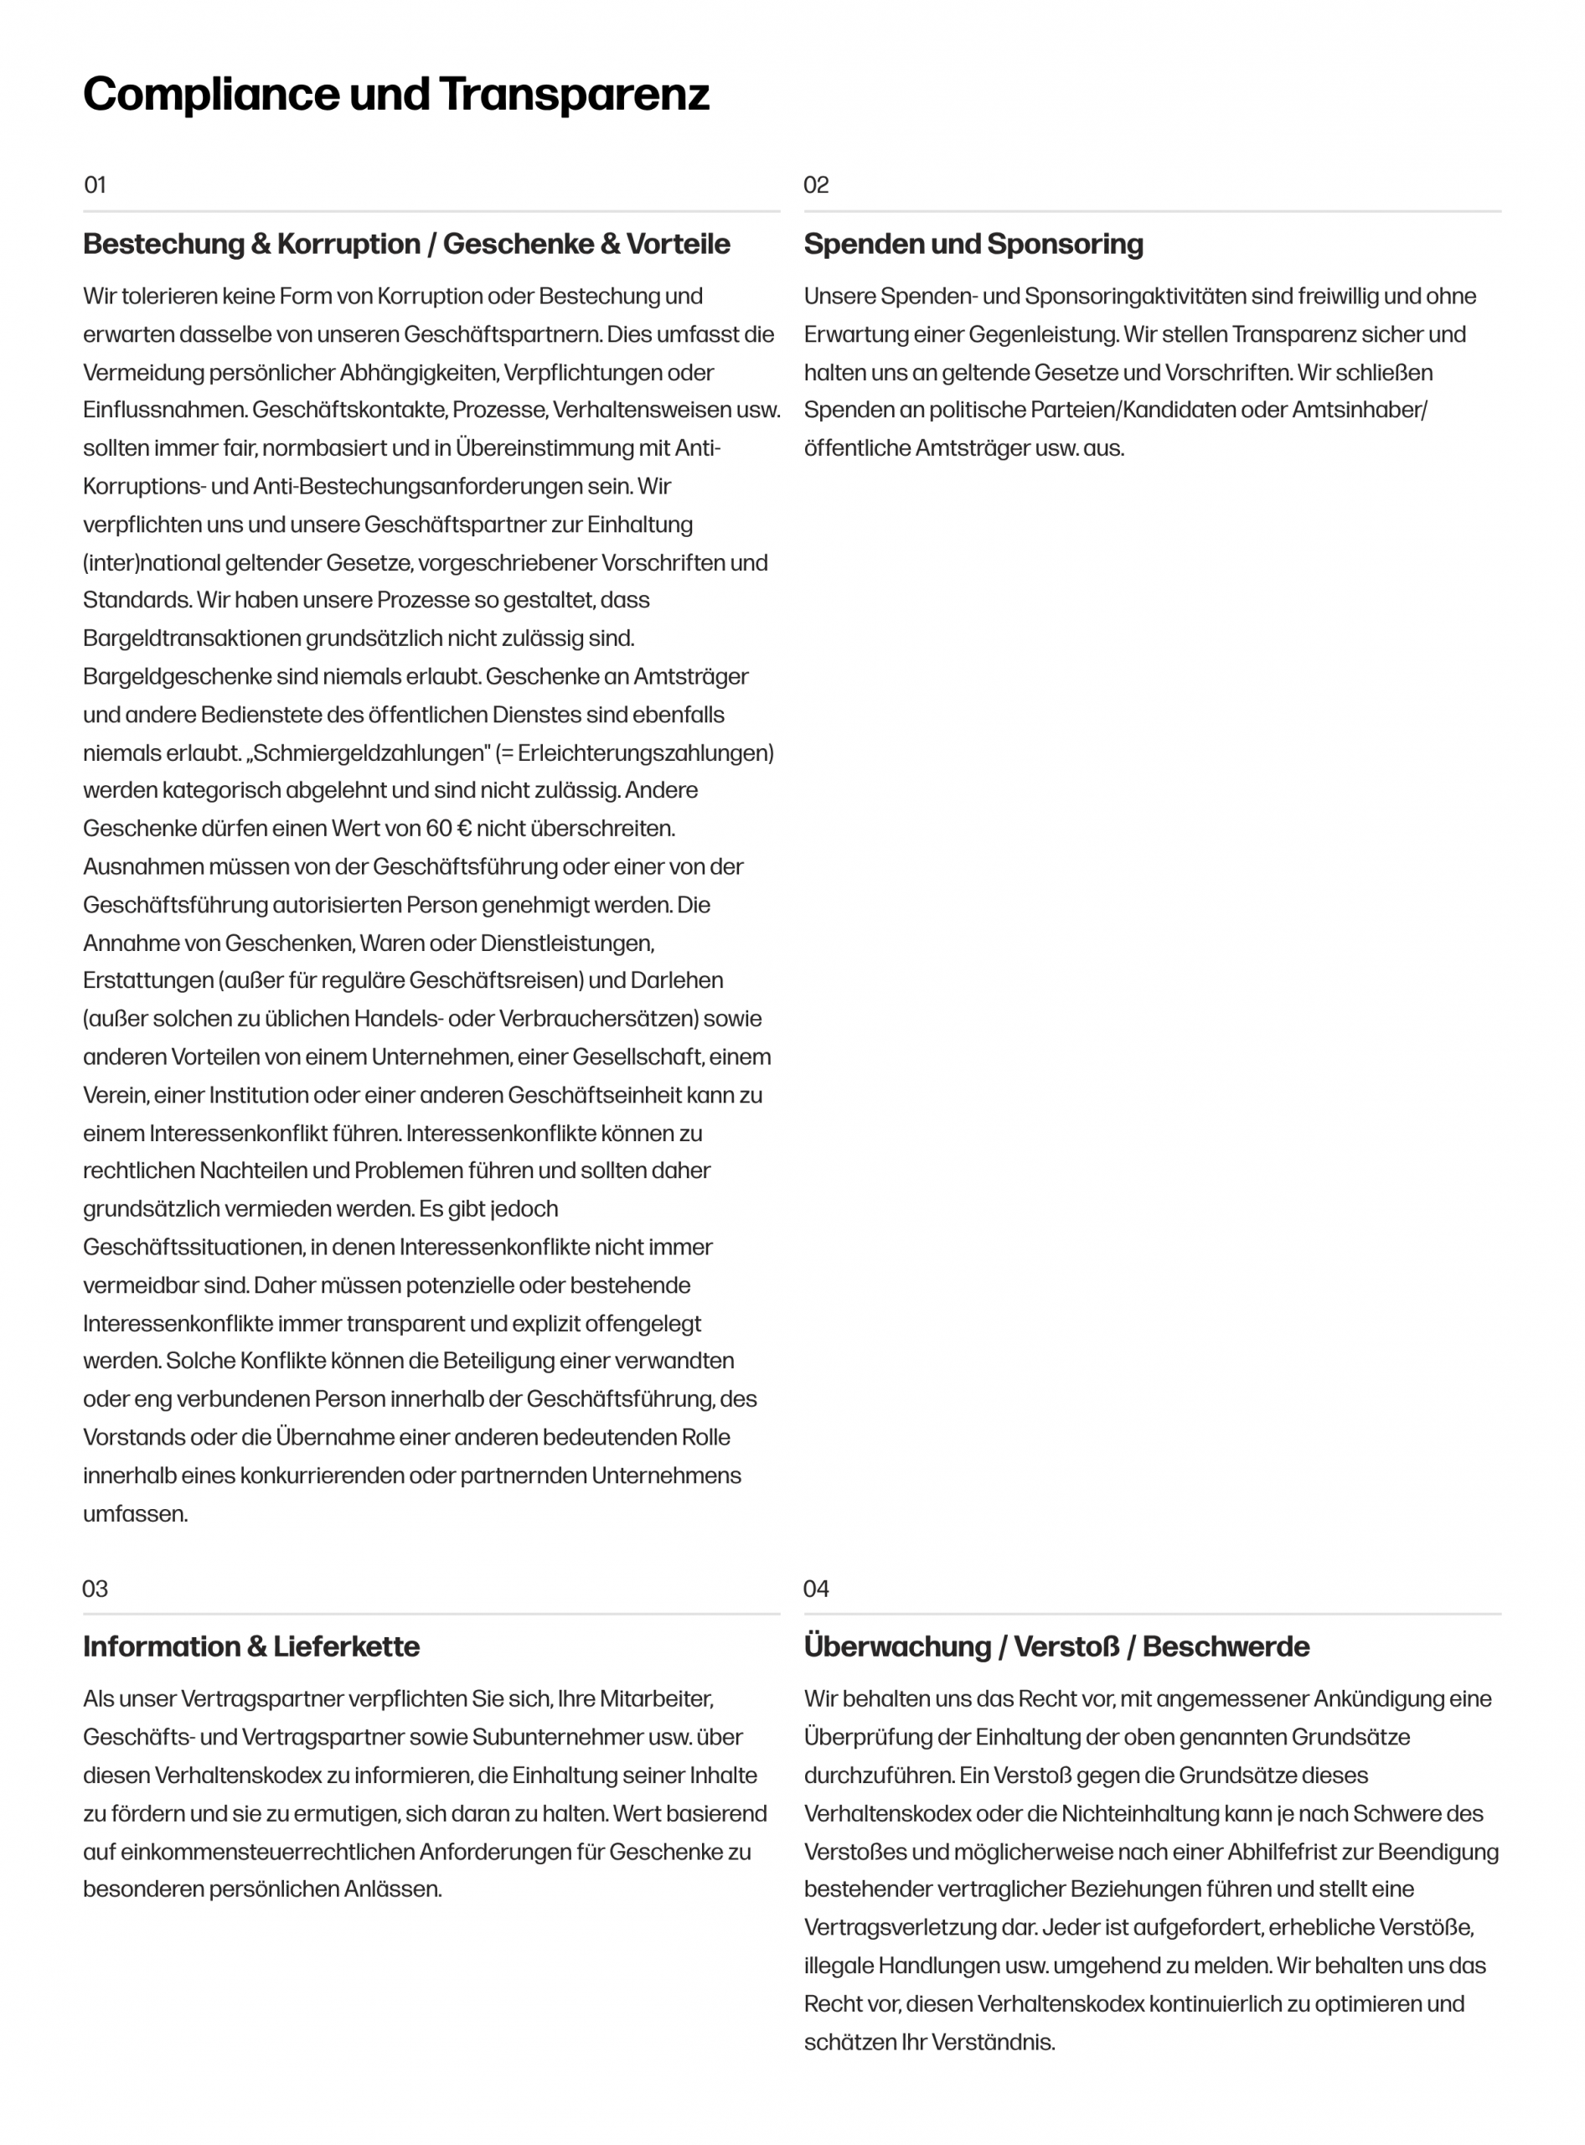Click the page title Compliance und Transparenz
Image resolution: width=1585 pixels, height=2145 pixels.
click(395, 95)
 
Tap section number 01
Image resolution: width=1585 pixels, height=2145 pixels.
click(95, 185)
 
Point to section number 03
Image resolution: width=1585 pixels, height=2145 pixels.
click(95, 1589)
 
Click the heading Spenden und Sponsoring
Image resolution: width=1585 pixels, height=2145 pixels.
click(973, 244)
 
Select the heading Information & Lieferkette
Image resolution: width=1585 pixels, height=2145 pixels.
click(251, 1647)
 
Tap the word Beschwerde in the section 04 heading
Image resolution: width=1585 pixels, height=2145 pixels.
click(1226, 1647)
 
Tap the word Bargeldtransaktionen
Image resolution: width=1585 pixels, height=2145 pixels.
click(192, 639)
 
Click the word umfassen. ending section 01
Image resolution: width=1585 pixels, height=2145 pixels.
click(135, 1514)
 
